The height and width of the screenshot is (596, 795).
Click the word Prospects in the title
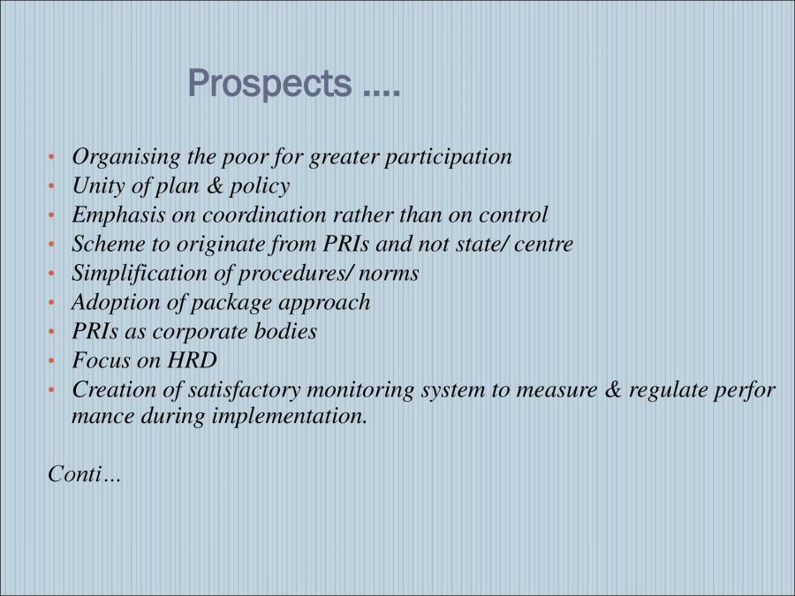[x=269, y=85]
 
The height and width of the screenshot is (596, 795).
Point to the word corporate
[x=196, y=331]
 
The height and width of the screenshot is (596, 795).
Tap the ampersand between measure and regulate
[x=611, y=389]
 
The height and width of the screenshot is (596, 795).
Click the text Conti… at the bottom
[x=85, y=474]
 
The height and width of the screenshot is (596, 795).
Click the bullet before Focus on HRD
[x=52, y=361]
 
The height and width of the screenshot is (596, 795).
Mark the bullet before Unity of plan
[x=52, y=186]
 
